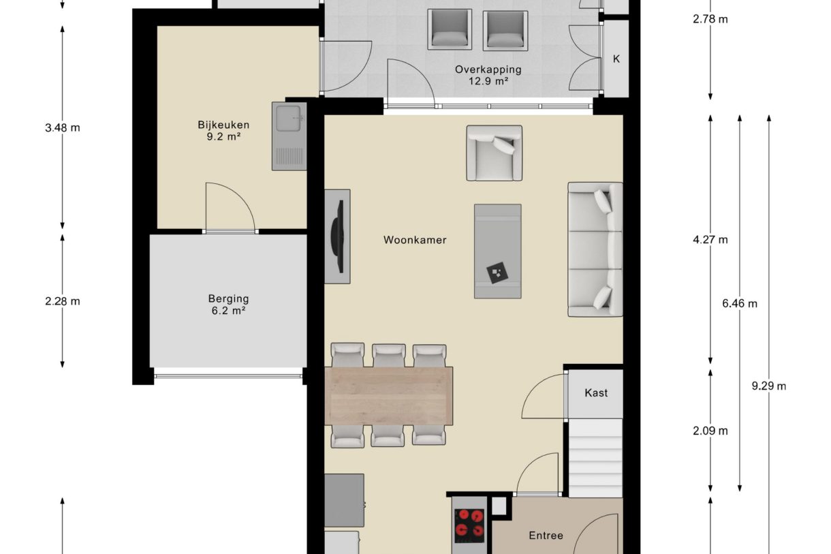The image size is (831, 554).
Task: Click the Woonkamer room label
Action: point(415,240)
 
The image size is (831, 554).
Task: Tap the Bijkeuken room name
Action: point(223,125)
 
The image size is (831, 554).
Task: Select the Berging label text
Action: point(228,298)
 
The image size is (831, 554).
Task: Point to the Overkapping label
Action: point(488,70)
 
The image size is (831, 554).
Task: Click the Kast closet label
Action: point(596,393)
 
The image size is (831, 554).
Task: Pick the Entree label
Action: point(546,536)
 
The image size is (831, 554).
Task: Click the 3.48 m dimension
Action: point(63,127)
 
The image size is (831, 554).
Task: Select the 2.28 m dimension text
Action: point(63,301)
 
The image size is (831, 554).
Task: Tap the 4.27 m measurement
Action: point(710,240)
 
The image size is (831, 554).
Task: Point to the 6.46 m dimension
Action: point(739,303)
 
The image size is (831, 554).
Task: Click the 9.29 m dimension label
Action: point(768,386)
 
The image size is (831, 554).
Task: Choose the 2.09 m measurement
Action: point(710,431)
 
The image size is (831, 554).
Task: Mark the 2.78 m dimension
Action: point(710,19)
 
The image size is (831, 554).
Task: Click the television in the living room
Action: point(339,236)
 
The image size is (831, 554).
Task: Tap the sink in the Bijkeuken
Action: point(289,136)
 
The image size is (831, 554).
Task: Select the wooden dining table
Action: point(388,395)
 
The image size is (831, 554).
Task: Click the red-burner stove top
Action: point(470,526)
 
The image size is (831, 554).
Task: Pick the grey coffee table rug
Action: point(497,251)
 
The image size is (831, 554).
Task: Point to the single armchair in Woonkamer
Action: point(494,153)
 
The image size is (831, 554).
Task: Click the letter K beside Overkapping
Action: point(616,59)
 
